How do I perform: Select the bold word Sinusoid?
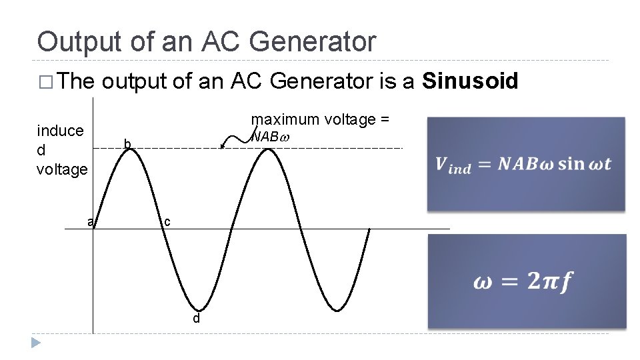pyautogui.click(x=471, y=81)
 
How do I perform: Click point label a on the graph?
pyautogui.click(x=90, y=221)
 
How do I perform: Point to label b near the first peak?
pyautogui.click(x=127, y=143)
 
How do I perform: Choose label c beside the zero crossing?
pyautogui.click(x=167, y=221)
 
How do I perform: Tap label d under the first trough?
pyautogui.click(x=196, y=319)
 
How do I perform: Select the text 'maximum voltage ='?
pyautogui.click(x=320, y=119)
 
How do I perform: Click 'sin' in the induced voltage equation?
pyautogui.click(x=571, y=163)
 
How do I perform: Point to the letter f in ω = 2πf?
pyautogui.click(x=565, y=282)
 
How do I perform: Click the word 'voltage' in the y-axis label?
pyautogui.click(x=62, y=169)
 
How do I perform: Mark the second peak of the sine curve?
pyautogui.click(x=268, y=149)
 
